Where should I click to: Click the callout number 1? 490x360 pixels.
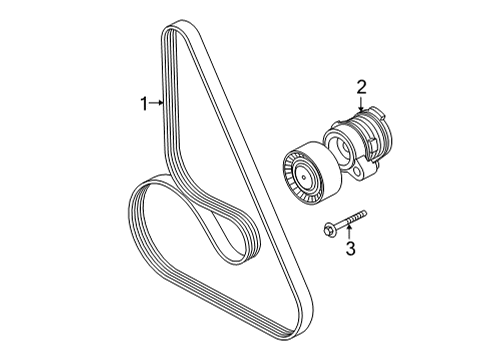coord(144,101)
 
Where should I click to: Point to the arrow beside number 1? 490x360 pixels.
coord(157,101)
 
